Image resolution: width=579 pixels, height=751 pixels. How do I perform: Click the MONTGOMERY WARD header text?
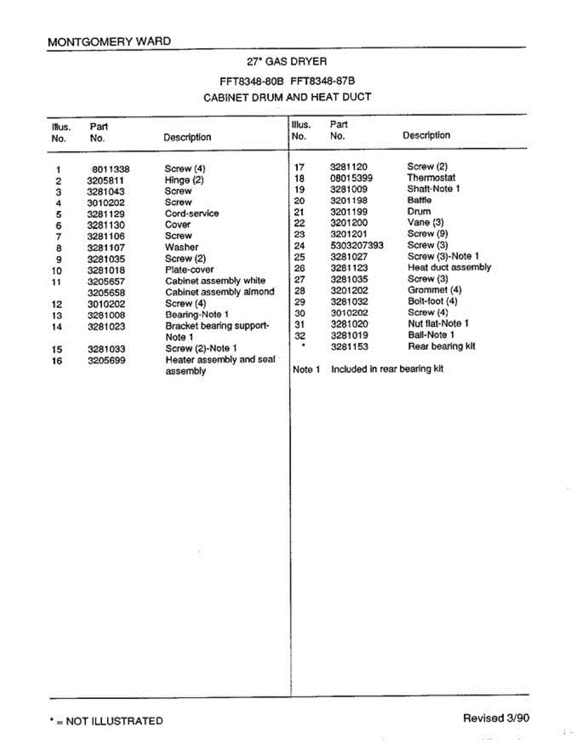pos(109,41)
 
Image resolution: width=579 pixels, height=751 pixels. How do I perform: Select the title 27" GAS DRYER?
pos(287,61)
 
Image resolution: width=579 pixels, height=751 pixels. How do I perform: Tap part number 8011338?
pos(110,169)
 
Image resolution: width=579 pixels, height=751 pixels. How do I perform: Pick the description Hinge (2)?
pos(184,180)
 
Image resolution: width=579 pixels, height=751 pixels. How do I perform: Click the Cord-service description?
pos(192,213)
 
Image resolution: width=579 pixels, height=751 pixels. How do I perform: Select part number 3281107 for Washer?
pos(106,247)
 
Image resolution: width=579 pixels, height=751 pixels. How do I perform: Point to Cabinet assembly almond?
pos(220,292)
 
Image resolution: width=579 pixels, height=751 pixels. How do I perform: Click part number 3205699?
pos(106,360)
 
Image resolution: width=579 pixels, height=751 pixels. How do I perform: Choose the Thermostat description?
pos(431,178)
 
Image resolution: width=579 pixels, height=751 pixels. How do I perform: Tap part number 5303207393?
pos(357,245)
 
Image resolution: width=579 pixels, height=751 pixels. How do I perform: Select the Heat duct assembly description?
pos(449,267)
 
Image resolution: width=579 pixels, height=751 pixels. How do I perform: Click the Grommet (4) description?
pos(434,290)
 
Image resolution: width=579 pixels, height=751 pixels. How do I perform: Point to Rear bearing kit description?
pos(441,346)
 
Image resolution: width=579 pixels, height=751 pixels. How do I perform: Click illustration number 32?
pos(299,335)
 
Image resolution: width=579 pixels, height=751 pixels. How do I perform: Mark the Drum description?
pos(419,212)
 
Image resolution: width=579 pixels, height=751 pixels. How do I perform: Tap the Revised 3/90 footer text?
pos(496,718)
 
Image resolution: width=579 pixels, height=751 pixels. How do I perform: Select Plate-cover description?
pos(189,270)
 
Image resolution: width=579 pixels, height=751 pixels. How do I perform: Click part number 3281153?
pos(349,346)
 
